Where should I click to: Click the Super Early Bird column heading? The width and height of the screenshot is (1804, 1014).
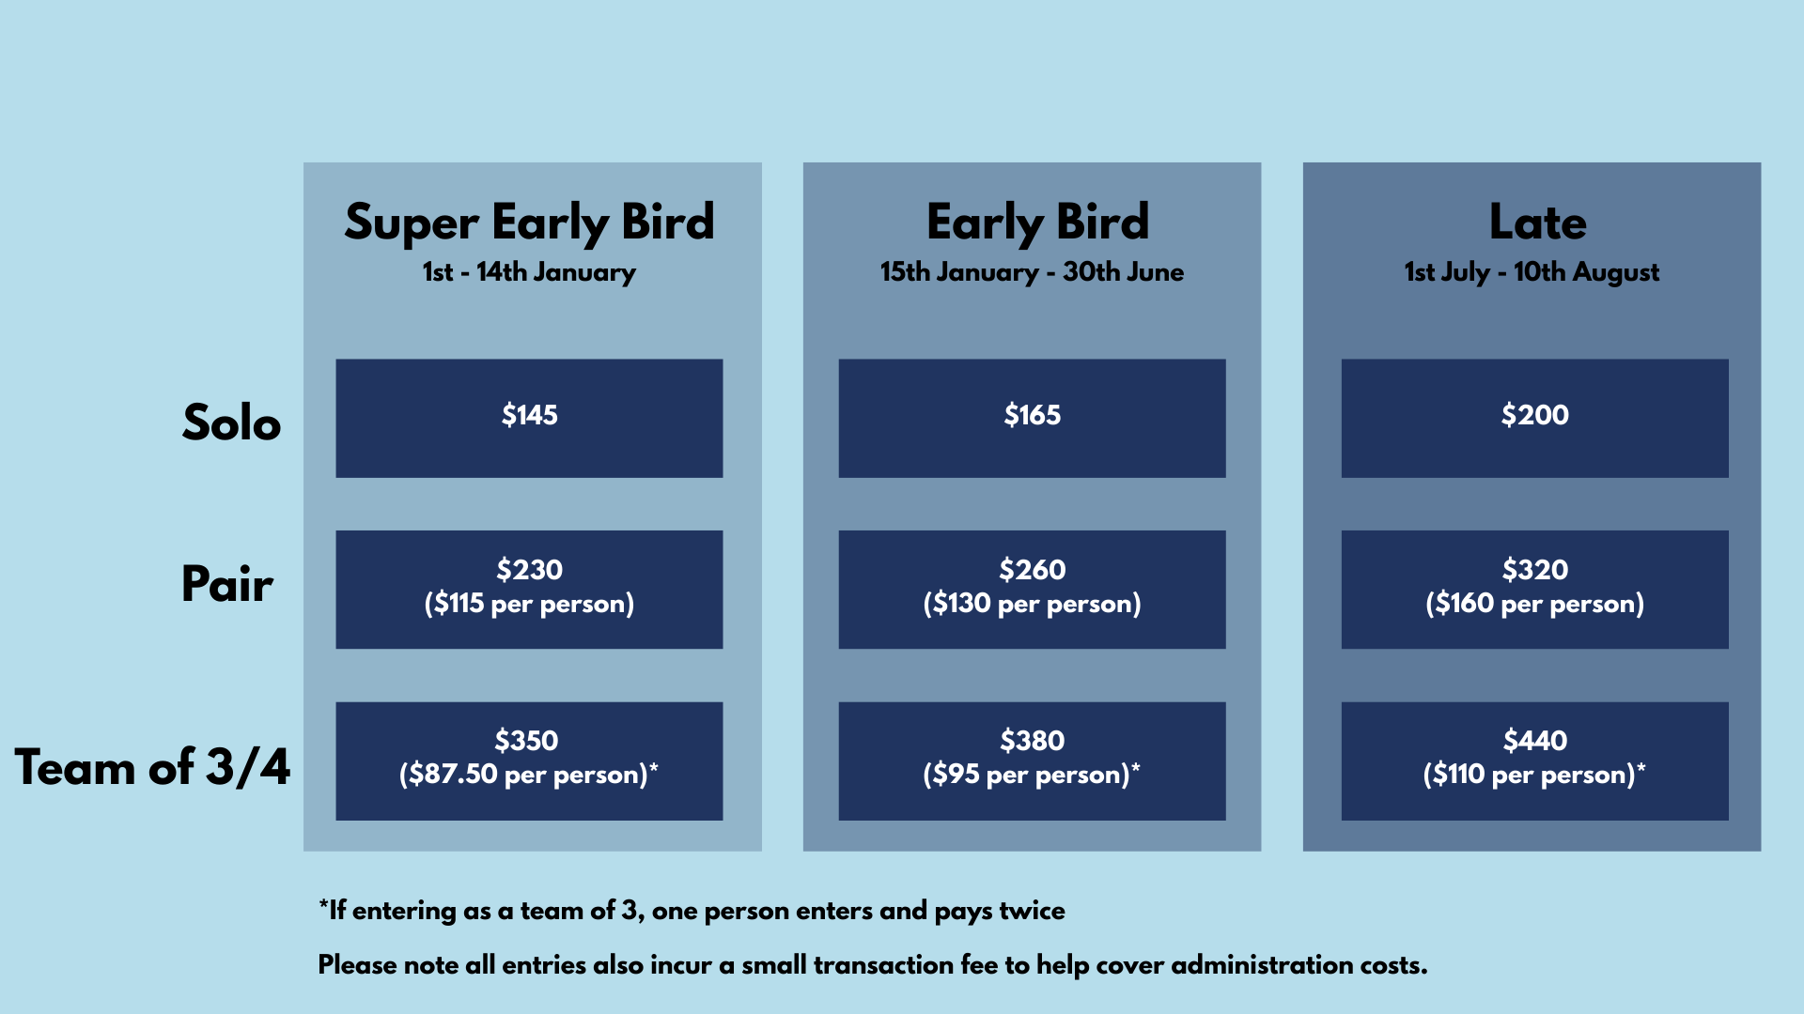point(529,223)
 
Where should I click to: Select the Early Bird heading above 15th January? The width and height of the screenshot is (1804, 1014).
point(1037,223)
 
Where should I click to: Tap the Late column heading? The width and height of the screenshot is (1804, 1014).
point(1537,223)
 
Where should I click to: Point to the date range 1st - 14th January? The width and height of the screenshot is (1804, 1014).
point(529,272)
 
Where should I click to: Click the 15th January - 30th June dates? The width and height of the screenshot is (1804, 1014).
point(1032,272)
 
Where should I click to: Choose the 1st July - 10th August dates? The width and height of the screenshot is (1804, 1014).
point(1532,272)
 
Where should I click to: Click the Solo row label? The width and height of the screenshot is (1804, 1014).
point(231,422)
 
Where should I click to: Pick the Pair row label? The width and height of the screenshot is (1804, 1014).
point(227,583)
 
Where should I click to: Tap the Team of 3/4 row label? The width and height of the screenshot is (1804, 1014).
point(152,767)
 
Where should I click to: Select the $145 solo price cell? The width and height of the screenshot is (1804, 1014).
point(529,418)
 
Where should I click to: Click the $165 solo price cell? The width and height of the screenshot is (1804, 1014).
point(1032,418)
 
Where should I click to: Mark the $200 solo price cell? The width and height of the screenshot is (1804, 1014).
point(1534,418)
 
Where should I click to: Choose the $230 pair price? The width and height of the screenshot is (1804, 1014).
point(529,569)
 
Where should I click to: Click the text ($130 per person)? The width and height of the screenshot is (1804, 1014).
point(1032,603)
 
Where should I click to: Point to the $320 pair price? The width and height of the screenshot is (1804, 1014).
point(1534,569)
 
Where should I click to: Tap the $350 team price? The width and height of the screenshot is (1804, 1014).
point(526,740)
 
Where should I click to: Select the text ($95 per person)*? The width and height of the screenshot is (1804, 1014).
point(1032,774)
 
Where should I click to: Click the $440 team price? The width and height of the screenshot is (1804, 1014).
point(1534,740)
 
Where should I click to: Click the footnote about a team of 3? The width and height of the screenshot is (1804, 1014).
point(692,911)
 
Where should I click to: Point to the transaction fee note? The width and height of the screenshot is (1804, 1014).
point(873,965)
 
